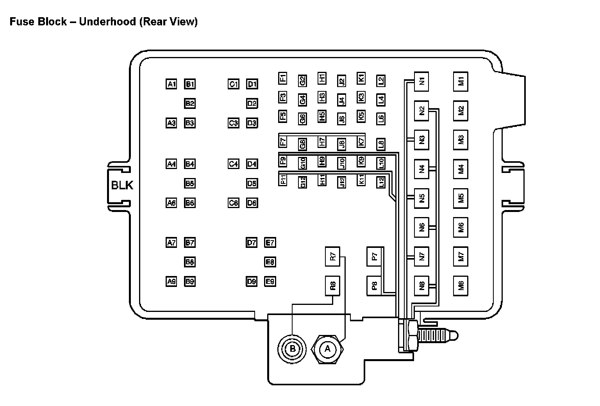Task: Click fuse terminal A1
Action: pos(171,84)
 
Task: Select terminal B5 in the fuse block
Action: pos(190,183)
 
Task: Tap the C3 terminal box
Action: pos(233,123)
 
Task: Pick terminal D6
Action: pos(252,203)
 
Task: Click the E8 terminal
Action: pos(270,262)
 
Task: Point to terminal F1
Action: pos(283,78)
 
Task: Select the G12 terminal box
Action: pos(302,182)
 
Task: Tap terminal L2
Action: pos(380,81)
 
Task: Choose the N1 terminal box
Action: pos(421,82)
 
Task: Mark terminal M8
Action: pos(461,286)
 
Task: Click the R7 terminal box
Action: pos(333,256)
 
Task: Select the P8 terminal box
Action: pos(374,286)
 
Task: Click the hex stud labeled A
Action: pos(327,349)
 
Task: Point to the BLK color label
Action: pos(122,185)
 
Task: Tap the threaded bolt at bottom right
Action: pos(436,335)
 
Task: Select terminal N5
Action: pos(421,198)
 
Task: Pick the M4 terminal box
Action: pos(461,169)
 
